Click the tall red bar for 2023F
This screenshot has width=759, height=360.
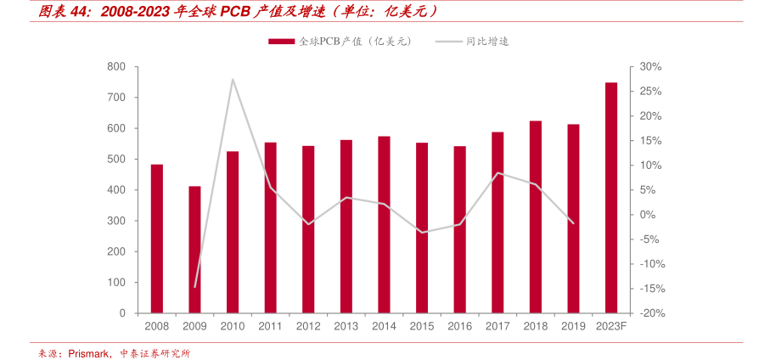coord(611,198)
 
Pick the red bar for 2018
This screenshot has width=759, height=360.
coord(536,217)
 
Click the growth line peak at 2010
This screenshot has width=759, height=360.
coord(233,80)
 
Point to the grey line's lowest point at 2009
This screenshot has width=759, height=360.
coord(195,287)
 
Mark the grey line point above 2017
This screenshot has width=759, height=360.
coord(498,173)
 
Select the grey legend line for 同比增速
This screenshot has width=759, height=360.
coord(448,41)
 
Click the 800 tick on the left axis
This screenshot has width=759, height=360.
coord(117,67)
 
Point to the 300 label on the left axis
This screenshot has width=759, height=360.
coord(117,221)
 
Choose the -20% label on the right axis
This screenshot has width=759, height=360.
coord(650,313)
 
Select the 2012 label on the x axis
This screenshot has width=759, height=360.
coord(308,326)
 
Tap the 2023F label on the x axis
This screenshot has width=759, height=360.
coord(611,326)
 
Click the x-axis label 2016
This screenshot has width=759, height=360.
coord(459,326)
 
